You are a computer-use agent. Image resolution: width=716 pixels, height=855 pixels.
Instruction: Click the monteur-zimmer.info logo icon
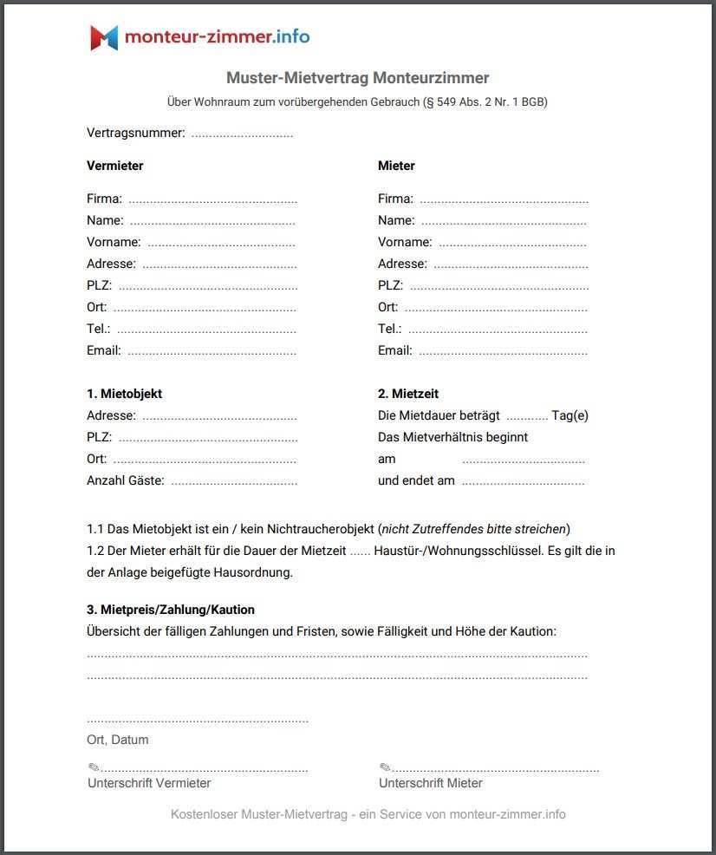104,37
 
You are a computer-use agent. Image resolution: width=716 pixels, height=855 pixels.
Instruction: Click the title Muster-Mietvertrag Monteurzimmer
357,78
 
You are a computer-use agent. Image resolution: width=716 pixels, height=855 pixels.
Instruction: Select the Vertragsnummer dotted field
242,134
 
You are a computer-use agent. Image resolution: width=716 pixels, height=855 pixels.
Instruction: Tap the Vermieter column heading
115,166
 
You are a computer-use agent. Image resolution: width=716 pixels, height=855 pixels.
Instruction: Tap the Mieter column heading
396,166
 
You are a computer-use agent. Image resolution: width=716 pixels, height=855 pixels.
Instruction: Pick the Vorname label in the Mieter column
405,242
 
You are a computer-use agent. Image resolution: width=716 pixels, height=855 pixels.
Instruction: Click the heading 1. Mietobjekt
124,394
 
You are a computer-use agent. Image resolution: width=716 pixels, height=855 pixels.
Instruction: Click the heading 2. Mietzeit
408,394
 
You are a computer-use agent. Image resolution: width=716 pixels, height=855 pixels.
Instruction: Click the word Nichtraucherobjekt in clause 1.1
321,528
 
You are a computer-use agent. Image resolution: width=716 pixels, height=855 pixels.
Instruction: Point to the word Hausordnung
257,572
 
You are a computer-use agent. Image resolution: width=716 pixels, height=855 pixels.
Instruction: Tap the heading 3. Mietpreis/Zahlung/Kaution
171,610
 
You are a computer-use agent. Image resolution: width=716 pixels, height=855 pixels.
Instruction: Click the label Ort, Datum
118,740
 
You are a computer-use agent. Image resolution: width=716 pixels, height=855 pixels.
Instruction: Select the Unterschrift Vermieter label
149,783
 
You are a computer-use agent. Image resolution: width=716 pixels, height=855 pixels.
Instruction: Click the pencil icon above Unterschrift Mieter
385,767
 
